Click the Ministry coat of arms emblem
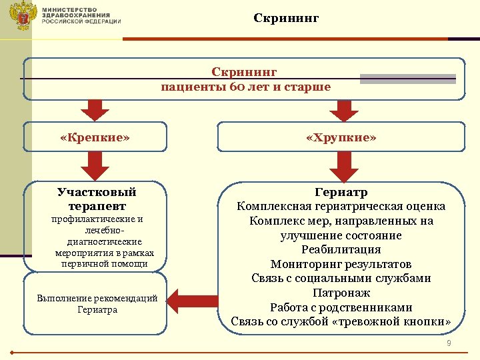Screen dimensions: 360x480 25,15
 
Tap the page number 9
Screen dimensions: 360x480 449,343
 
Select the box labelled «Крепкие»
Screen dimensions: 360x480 95,137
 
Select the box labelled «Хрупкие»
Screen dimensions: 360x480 341,137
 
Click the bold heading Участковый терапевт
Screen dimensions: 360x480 97,199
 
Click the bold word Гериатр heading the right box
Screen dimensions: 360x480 341,193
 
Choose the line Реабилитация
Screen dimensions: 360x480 341,249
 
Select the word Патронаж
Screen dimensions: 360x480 341,293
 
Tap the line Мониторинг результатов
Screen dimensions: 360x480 341,264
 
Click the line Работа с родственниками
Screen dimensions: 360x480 341,307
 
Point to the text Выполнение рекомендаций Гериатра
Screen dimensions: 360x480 97,303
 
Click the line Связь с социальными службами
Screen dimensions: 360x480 341,278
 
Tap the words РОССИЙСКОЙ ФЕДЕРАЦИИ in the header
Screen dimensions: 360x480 81,21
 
